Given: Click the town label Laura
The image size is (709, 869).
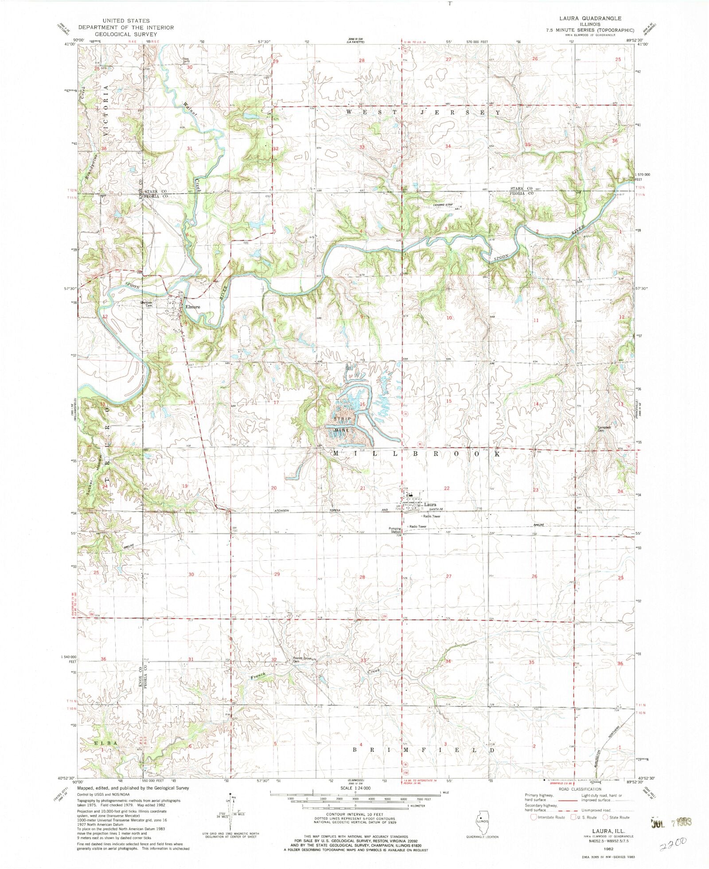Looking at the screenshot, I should click(430, 504).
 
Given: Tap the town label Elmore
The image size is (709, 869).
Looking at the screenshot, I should click(193, 306).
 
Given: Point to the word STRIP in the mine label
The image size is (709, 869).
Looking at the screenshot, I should click(343, 419).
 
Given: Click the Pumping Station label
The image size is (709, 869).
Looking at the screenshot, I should click(394, 530).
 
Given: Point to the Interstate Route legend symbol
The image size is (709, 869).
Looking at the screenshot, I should click(534, 817).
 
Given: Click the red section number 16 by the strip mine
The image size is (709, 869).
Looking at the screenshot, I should click(362, 404).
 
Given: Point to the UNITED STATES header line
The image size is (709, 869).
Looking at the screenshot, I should click(126, 20).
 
